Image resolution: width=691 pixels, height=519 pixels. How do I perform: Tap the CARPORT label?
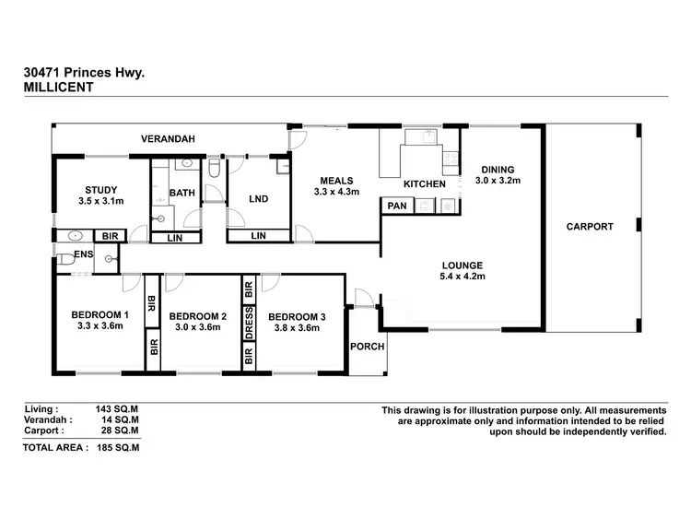(x=590, y=226)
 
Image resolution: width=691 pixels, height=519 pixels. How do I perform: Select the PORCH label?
(x=366, y=347)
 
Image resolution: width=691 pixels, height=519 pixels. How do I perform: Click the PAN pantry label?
(x=398, y=206)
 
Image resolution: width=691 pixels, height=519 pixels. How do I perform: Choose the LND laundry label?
(x=258, y=198)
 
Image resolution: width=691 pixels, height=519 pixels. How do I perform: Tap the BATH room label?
(x=182, y=193)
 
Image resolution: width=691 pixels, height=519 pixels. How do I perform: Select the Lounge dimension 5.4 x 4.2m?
(x=463, y=276)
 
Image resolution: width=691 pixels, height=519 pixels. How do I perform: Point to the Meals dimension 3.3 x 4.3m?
(x=336, y=192)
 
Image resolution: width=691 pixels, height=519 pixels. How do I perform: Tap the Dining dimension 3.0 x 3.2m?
(x=498, y=181)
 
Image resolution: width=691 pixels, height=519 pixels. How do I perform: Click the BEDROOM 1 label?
(x=100, y=314)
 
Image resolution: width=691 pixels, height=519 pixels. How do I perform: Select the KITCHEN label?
(x=425, y=184)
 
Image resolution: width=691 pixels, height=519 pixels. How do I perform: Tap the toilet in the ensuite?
(x=64, y=262)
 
